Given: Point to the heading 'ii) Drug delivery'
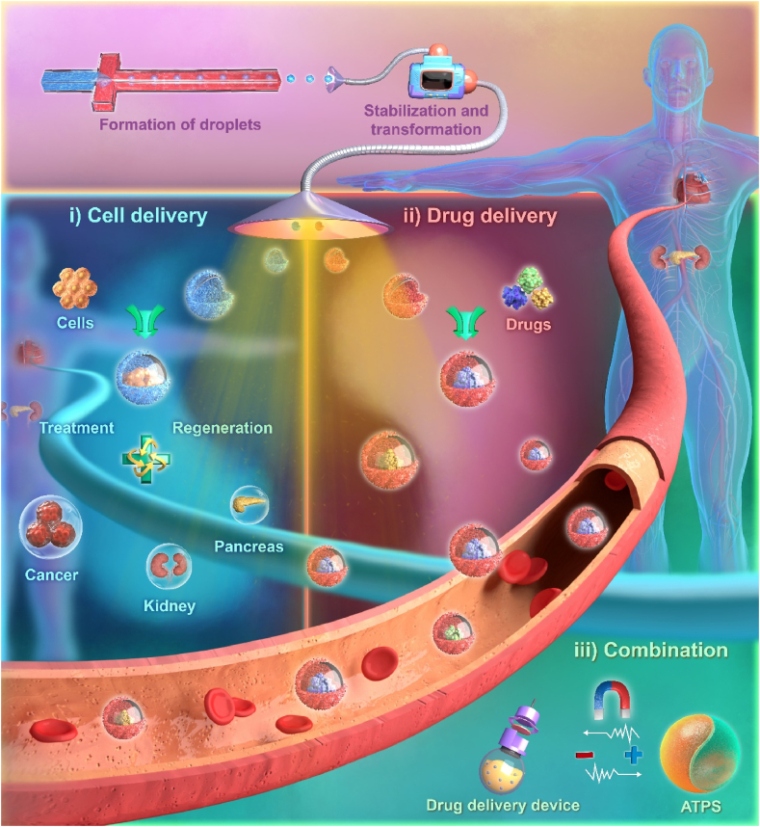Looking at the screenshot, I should click(480, 216).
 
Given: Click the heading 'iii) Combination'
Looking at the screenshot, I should click(651, 650).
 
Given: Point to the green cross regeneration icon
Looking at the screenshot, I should click(142, 460).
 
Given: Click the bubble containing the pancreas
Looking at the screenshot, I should click(249, 506).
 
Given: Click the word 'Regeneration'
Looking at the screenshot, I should click(222, 427).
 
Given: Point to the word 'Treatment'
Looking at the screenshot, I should click(77, 427).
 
